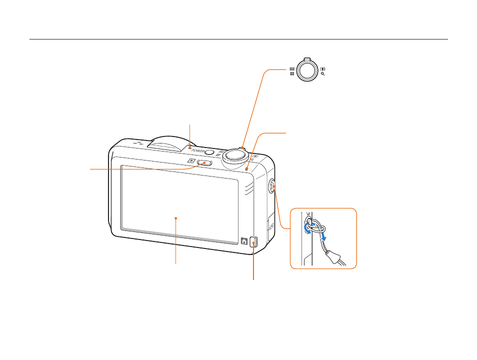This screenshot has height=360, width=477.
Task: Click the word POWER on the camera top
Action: coord(198,150)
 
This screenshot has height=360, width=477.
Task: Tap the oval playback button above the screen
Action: coord(204,163)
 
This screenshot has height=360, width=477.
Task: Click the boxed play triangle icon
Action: coord(191,160)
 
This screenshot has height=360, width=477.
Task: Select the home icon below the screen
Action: coord(244,241)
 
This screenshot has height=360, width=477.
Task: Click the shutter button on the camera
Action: coord(233,154)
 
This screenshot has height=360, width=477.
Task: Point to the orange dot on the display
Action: coord(176,218)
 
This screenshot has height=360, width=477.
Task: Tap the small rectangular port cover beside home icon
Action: coord(254,242)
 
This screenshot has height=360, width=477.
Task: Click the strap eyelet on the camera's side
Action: coord(272,186)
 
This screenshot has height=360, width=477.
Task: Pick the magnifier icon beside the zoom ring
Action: coord(323,74)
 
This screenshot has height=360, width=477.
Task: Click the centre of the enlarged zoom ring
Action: coord(307,69)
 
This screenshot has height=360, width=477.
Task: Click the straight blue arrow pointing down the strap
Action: coord(323,235)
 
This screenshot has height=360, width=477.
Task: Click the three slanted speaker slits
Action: coord(249,188)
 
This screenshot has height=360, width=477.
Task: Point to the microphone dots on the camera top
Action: coord(138,142)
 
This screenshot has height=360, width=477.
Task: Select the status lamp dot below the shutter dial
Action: coord(247,169)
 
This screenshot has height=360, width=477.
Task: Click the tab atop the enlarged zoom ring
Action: coord(307,58)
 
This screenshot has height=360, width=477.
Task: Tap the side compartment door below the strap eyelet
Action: coord(271,225)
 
